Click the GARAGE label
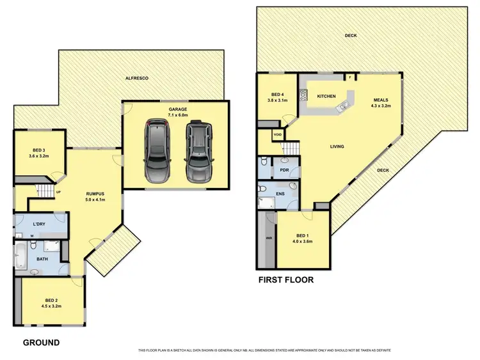tap(178, 109)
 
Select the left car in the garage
tap(157, 151)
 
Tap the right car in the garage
tap(198, 151)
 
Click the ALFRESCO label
tap(136, 77)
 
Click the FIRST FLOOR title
tap(287, 279)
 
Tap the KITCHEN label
tap(326, 97)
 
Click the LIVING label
tap(337, 147)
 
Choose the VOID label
tap(277, 135)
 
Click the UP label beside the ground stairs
tap(58, 192)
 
